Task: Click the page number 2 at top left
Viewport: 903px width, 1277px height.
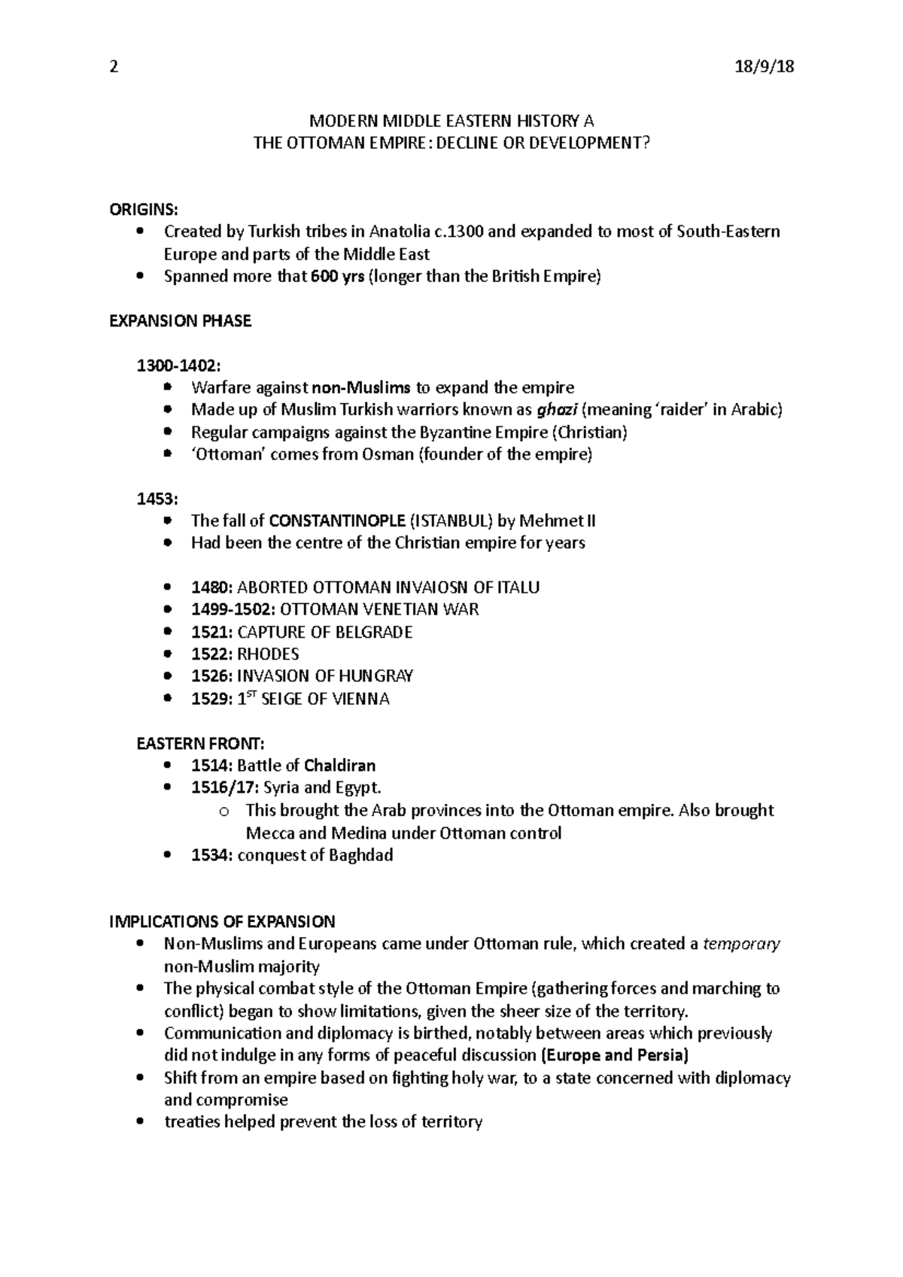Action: pos(114,67)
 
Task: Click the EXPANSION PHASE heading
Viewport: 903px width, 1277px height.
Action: pos(181,321)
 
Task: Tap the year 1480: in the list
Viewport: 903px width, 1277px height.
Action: pos(211,587)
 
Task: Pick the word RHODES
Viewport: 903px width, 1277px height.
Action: pos(268,654)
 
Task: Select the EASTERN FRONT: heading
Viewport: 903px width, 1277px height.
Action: pos(200,744)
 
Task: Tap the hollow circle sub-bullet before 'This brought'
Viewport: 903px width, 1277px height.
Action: pos(223,811)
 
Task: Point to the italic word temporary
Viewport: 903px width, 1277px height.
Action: pos(741,944)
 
